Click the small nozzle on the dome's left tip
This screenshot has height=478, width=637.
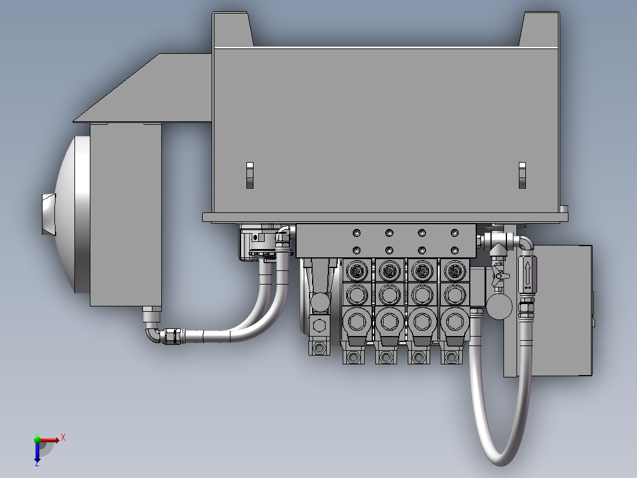(x=47, y=214)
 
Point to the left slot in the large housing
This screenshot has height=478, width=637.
(x=249, y=176)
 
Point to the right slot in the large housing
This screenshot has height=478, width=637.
(x=522, y=176)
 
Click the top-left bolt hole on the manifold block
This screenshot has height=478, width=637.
(x=356, y=232)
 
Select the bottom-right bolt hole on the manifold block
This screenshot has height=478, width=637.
(x=454, y=250)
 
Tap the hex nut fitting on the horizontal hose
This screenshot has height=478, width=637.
(x=173, y=337)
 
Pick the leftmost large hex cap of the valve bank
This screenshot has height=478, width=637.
(x=356, y=322)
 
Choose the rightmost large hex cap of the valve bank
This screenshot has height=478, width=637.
(x=454, y=322)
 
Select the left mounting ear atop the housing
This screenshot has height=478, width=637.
(x=232, y=30)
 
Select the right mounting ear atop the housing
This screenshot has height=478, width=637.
(x=539, y=30)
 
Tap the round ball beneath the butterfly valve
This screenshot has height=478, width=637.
(x=499, y=306)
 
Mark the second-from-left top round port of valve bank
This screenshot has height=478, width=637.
(x=389, y=271)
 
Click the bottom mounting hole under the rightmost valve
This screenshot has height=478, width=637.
(x=451, y=357)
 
